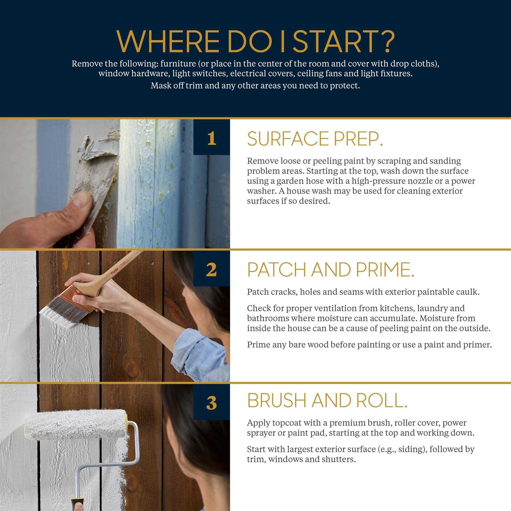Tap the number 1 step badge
[212, 137]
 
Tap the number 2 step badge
[212, 269]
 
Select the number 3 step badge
[212, 402]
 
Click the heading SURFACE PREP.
[315, 139]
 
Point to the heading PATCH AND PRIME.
[331, 270]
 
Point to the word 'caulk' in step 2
[468, 292]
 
